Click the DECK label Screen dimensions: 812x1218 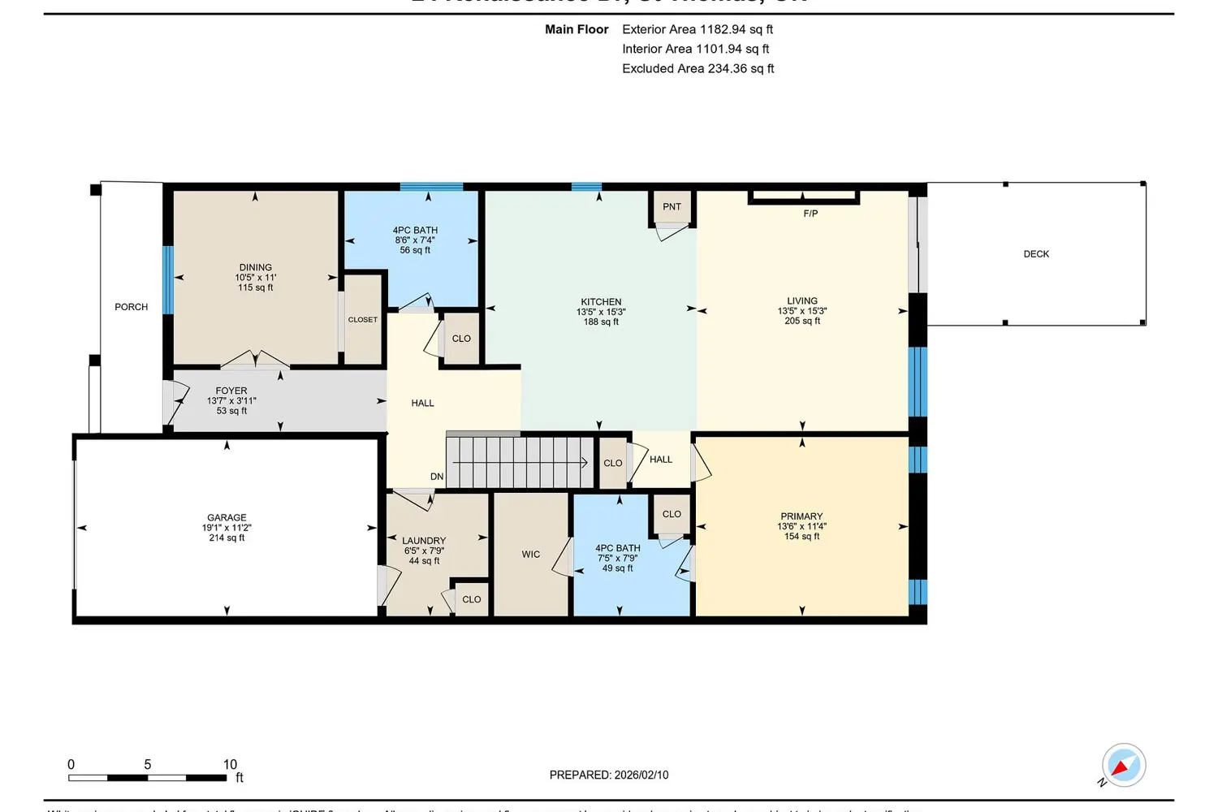[x=1036, y=254]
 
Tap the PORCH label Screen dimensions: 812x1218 [x=131, y=307]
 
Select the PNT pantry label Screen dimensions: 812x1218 [x=672, y=207]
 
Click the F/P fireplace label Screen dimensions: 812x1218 [x=810, y=214]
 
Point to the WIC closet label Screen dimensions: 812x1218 [x=531, y=555]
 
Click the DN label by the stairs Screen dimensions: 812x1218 [x=437, y=477]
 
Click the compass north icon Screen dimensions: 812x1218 [x=1123, y=766]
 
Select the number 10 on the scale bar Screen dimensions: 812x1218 [x=230, y=764]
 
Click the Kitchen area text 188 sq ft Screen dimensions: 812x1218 [x=601, y=322]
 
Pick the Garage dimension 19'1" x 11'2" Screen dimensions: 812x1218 [x=227, y=528]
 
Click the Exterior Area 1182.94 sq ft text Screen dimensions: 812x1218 [x=698, y=29]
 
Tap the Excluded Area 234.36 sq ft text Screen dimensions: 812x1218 [x=698, y=69]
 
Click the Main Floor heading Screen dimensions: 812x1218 [x=577, y=29]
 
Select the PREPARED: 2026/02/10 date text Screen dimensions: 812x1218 [x=609, y=775]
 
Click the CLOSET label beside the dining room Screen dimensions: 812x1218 [x=363, y=320]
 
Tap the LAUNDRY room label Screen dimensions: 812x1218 [x=424, y=541]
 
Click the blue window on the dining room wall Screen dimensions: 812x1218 [x=168, y=280]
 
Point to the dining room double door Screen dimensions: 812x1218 [x=255, y=360]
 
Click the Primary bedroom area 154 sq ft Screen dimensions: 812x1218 [x=801, y=537]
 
